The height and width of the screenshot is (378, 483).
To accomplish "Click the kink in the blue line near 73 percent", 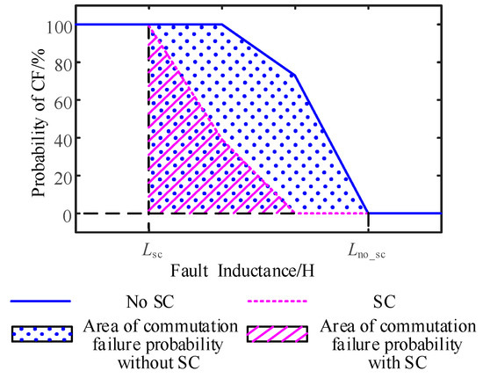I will click(x=293, y=75).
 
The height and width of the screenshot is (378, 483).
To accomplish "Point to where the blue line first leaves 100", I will click(x=221, y=25).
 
